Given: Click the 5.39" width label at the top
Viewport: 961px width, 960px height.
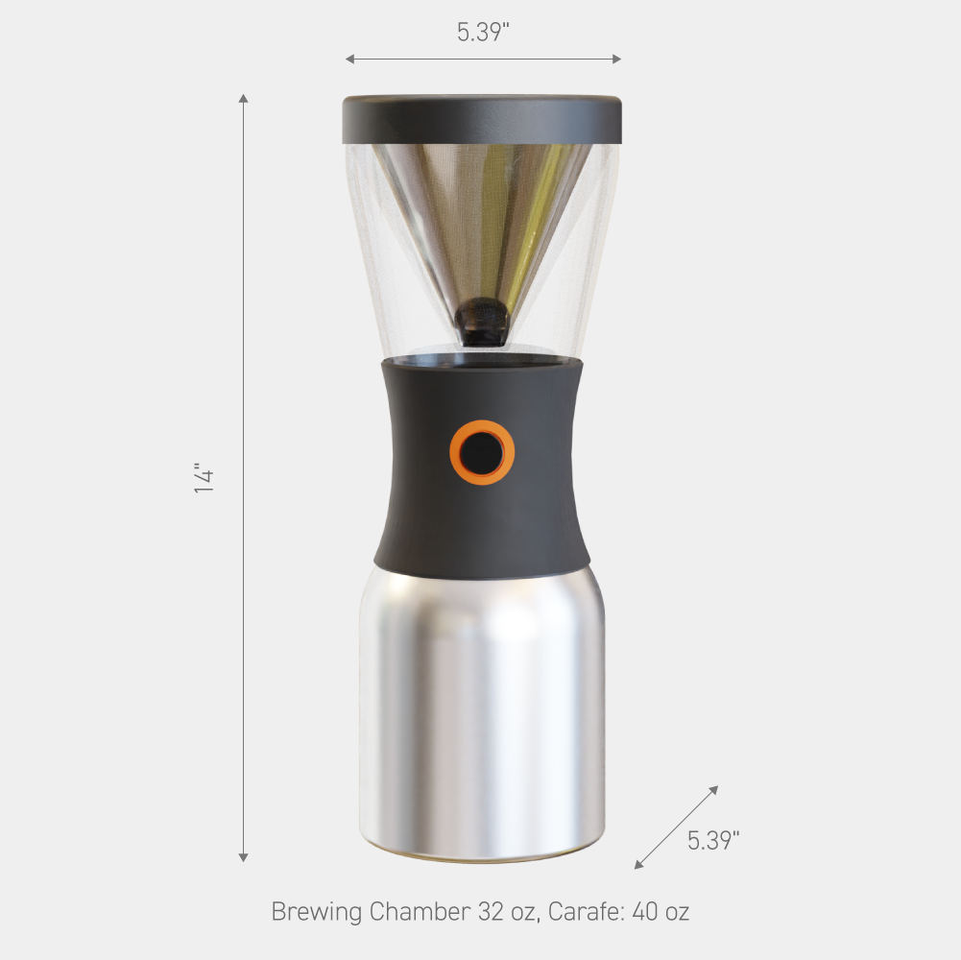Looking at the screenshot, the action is click(483, 32).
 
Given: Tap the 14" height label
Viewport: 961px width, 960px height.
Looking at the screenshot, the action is click(204, 477).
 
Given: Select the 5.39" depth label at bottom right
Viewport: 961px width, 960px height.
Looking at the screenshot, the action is click(712, 840).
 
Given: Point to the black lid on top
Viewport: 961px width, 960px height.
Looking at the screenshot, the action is click(482, 120).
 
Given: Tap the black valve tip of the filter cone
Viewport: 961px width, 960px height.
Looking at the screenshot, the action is click(482, 322).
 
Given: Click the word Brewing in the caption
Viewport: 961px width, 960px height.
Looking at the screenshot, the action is click(317, 912).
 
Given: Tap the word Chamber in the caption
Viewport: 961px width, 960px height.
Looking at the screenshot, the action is click(420, 912).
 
